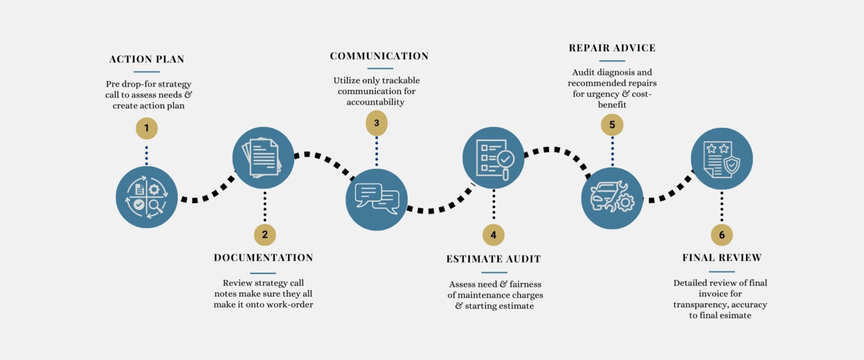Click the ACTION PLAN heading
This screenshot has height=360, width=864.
point(147,60)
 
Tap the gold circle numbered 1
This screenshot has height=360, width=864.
point(147,128)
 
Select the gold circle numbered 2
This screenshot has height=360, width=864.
point(265,235)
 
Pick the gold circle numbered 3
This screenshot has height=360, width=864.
point(376,123)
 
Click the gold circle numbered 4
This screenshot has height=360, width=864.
point(493,235)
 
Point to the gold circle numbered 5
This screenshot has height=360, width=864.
point(612,124)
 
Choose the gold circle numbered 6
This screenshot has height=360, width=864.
point(722,235)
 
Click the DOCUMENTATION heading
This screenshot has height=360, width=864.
point(263,258)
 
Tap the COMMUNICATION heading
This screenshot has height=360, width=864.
point(379,56)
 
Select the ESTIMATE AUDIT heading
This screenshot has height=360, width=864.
point(493,259)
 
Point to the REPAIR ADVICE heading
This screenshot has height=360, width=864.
point(612,48)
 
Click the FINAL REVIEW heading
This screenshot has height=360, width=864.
point(722,258)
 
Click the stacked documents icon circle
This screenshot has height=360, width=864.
point(263,158)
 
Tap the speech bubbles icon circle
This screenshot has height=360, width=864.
point(376,199)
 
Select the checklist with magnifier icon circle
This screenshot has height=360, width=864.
point(493,158)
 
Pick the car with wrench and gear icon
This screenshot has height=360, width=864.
point(612,198)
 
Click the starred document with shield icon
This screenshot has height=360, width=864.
point(722,159)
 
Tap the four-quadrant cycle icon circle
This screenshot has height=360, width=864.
point(147,197)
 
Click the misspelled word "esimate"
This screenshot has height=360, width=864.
point(734,316)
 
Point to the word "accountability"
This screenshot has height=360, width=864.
point(376,102)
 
